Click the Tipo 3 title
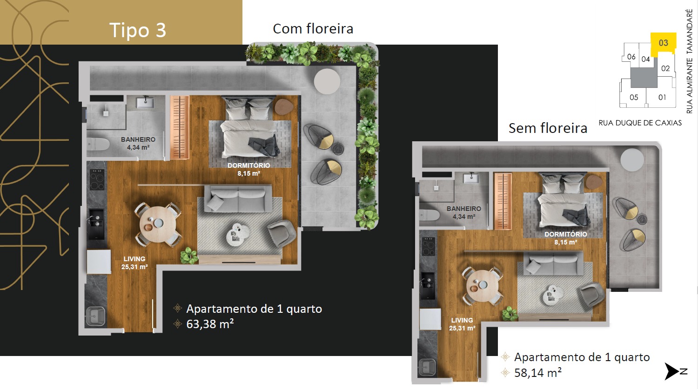[x=138, y=30]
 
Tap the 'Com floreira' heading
[x=313, y=29]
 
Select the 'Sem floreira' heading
[x=548, y=128]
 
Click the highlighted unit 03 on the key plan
[x=663, y=43]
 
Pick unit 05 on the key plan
[x=634, y=98]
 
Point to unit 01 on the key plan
[x=662, y=98]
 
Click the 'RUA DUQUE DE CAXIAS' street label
[x=640, y=123]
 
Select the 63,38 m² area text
[x=210, y=324]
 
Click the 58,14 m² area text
[x=538, y=373]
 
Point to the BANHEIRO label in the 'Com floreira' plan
[x=138, y=139]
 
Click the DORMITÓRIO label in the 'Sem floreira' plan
[x=565, y=234]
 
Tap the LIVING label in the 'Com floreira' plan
[x=134, y=258]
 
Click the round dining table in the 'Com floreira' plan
[x=158, y=224]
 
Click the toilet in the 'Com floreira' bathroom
[x=98, y=144]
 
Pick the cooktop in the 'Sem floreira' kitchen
[x=428, y=246]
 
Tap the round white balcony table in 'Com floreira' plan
[x=327, y=81]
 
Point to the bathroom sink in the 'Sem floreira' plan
[x=471, y=179]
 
